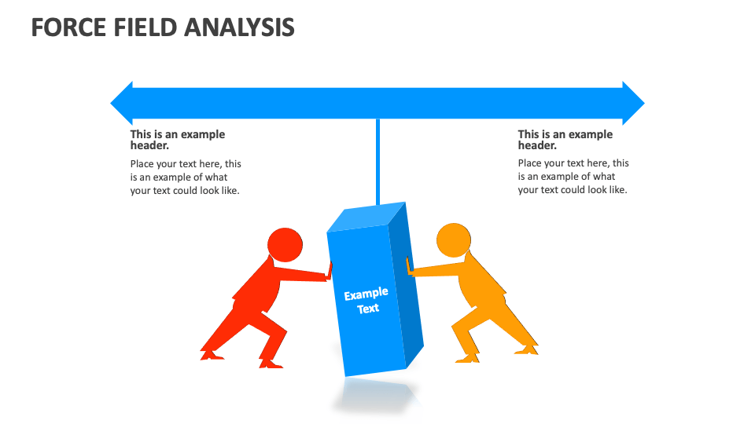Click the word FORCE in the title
click(68, 27)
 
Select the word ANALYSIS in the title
click(241, 27)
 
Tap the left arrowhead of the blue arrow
click(123, 103)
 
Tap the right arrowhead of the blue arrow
click(632, 103)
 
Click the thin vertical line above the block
click(377, 161)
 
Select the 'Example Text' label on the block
click(366, 301)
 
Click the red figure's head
click(284, 244)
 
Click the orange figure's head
click(453, 240)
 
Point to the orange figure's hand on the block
click(409, 268)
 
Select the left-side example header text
click(178, 140)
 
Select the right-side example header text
click(565, 140)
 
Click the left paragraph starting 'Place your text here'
click(186, 177)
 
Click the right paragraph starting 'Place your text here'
click(573, 177)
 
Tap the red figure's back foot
click(211, 353)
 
